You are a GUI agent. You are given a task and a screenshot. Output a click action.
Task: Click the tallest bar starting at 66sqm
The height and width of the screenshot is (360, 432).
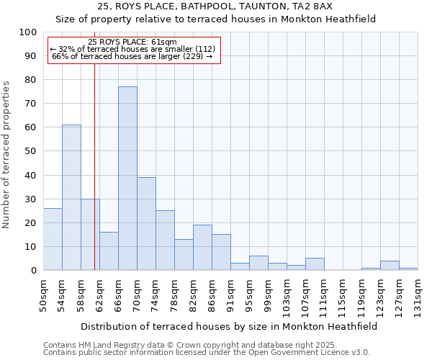click(127, 179)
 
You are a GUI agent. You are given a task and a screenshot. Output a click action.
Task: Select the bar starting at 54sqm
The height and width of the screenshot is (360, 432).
click(71, 197)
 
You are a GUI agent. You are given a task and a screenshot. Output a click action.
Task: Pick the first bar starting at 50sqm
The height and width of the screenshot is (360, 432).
click(53, 239)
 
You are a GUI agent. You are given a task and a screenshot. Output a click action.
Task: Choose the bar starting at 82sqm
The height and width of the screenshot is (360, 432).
click(202, 247)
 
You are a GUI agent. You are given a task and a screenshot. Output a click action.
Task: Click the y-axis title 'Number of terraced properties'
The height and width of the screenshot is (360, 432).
click(6, 155)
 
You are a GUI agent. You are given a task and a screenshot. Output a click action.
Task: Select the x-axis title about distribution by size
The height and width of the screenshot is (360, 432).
click(229, 326)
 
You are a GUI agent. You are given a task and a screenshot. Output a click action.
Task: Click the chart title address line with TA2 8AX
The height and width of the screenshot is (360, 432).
click(215, 6)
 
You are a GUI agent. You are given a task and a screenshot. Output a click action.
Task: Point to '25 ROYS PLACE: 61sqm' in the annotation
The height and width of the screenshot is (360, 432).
click(132, 42)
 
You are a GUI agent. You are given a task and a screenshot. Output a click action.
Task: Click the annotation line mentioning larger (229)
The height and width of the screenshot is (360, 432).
click(132, 56)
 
